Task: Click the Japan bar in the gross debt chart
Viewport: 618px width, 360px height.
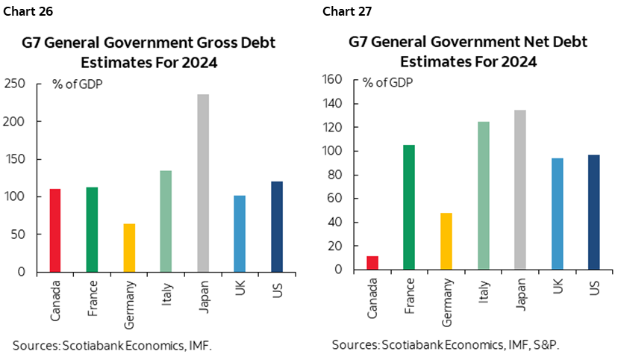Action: point(203,183)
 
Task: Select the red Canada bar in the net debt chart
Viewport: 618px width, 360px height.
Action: point(372,262)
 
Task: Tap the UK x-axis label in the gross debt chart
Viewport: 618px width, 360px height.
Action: point(240,290)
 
